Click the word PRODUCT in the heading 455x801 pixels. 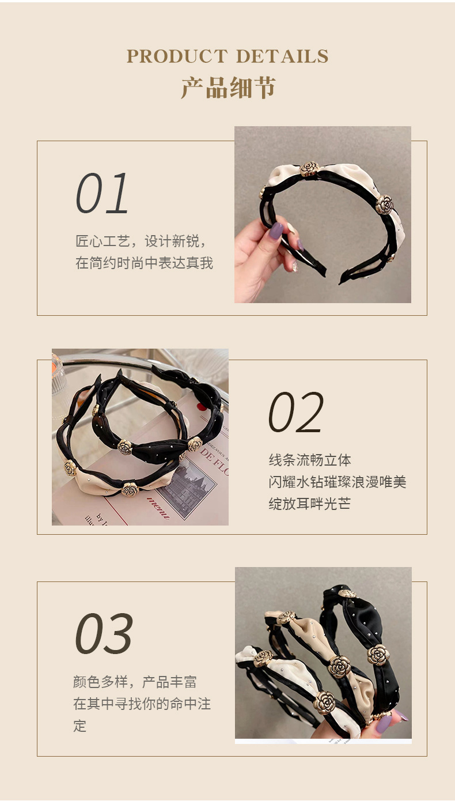coord(177,56)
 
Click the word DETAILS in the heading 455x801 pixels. coord(282,56)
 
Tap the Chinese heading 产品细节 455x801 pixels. coord(228,87)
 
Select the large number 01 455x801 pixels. coord(103,194)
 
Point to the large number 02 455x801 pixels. coord(296,413)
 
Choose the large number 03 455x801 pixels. coord(104,634)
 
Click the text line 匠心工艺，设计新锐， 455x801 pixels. coord(141,241)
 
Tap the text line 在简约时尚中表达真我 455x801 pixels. coord(144,263)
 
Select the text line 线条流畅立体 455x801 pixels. coord(310,460)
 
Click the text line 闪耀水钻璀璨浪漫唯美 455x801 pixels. coord(338,482)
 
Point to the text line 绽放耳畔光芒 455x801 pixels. coord(310,504)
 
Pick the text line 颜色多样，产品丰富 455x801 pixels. coord(135,682)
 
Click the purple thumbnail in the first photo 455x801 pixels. coord(276,231)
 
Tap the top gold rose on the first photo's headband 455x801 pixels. coord(309,168)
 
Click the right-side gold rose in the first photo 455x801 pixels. coord(384,204)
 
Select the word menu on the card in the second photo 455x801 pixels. coord(159,507)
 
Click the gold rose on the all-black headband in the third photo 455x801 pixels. coord(378,655)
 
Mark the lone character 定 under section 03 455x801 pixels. coord(79,726)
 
